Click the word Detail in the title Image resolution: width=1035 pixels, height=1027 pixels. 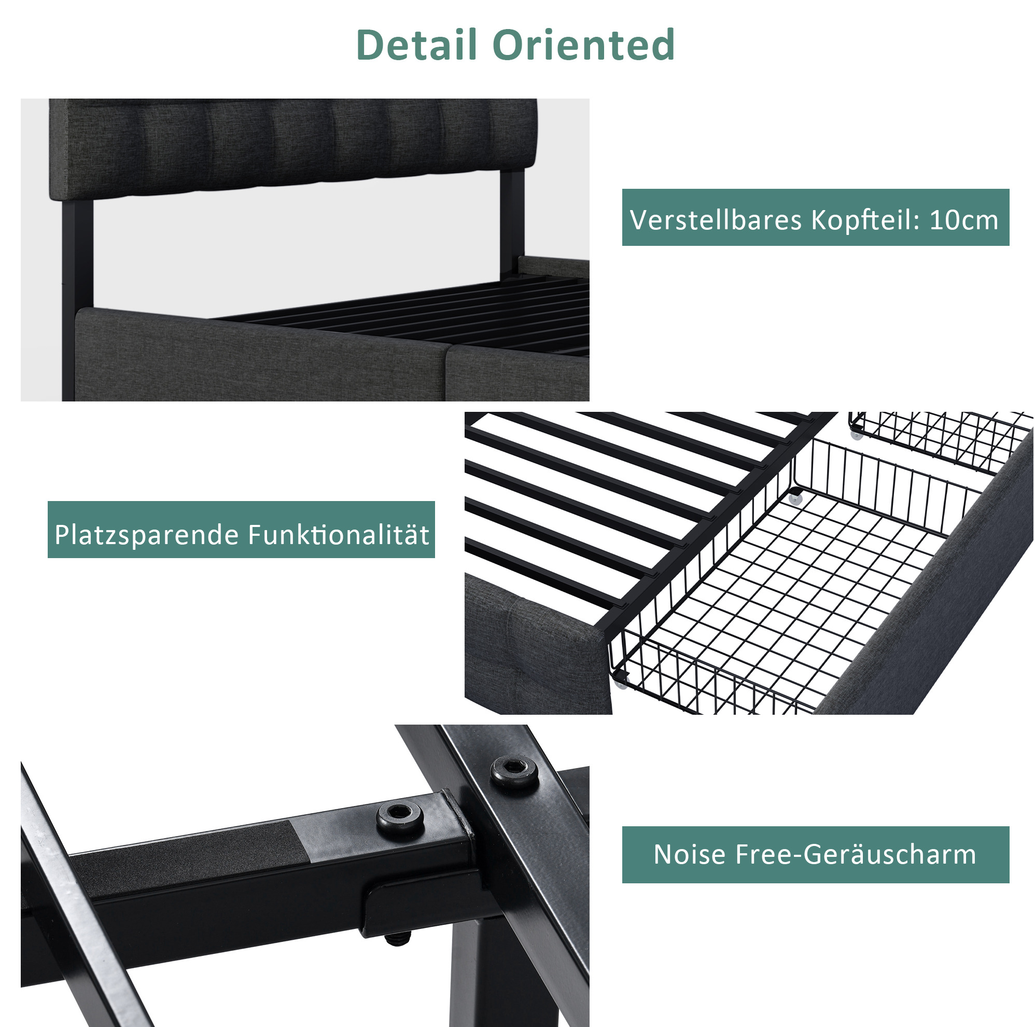(417, 45)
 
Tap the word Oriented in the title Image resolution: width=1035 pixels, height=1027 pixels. (583, 45)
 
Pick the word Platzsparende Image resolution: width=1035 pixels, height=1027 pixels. (146, 535)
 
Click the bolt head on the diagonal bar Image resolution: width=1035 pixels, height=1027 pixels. (515, 772)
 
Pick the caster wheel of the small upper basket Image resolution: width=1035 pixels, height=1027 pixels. (857, 435)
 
